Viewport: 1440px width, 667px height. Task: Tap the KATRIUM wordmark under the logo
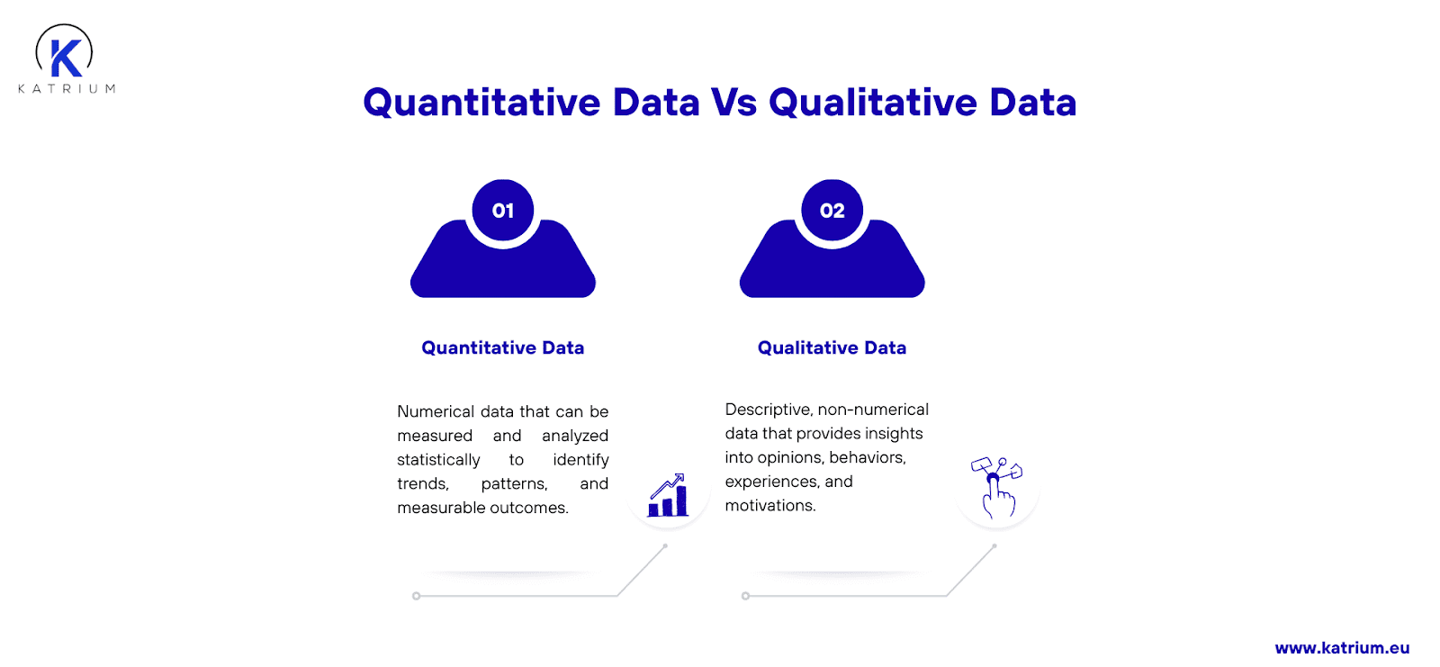(67, 89)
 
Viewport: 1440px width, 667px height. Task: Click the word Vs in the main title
(733, 103)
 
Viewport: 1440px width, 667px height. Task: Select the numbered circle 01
(503, 211)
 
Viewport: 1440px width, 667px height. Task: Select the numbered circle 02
(832, 211)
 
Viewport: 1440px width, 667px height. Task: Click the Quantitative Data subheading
(503, 348)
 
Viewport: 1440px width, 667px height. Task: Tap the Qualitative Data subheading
(832, 348)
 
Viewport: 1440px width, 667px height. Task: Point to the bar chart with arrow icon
(668, 495)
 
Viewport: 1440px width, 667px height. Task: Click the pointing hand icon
(996, 488)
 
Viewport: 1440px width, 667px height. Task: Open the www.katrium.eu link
(1342, 648)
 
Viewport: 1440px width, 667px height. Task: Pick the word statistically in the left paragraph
(438, 460)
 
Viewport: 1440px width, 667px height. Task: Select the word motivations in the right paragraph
(770, 506)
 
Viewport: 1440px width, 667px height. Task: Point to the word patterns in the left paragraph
(514, 483)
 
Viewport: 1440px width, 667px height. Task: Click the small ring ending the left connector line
(416, 596)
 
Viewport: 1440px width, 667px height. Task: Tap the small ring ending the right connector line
(745, 596)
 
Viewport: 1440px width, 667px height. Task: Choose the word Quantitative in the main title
(481, 103)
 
